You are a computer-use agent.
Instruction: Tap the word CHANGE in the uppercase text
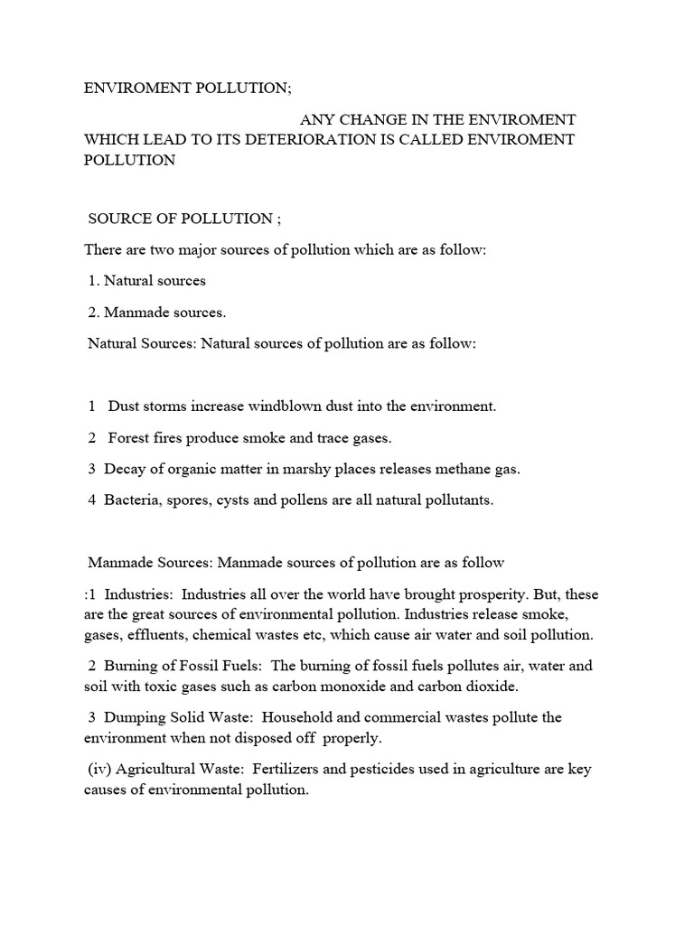click(371, 120)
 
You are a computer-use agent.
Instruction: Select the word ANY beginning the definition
click(317, 120)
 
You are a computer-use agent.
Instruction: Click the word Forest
click(129, 438)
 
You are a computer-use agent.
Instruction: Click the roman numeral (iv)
click(102, 770)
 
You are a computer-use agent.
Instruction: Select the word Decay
click(123, 469)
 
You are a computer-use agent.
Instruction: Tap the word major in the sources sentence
click(196, 249)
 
